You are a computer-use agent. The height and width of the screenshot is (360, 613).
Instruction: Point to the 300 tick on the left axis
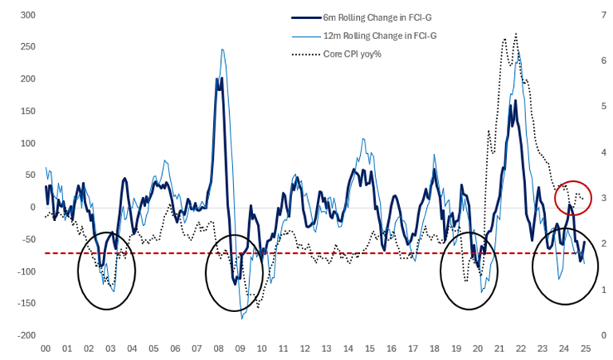(26, 15)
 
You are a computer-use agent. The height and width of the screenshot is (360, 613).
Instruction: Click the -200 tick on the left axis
(24, 336)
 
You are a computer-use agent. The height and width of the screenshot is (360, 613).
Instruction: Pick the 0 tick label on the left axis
(33, 208)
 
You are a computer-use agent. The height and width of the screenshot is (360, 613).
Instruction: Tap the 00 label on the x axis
(45, 350)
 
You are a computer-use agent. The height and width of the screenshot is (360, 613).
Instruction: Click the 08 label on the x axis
(218, 350)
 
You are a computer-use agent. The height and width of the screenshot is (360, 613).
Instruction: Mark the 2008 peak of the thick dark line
(219, 78)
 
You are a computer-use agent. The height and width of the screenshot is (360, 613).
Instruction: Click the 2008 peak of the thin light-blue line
(223, 49)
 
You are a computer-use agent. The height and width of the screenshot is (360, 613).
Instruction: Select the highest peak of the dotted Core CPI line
(516, 34)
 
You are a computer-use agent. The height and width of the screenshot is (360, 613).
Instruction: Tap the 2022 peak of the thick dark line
(515, 101)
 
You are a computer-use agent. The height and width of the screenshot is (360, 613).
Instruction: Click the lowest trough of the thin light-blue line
(242, 318)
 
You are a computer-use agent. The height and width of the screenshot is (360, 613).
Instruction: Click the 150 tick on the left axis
(26, 111)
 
